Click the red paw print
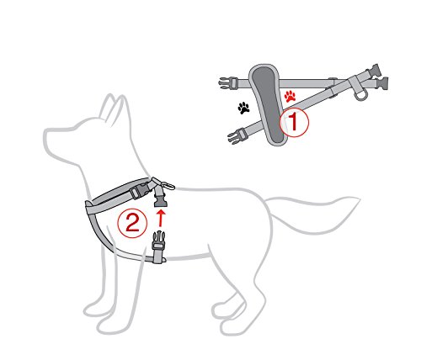(290, 96)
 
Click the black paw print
(243, 108)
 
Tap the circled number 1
(294, 122)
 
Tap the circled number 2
(132, 224)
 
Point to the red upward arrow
(161, 218)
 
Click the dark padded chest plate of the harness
(267, 104)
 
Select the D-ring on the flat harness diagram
(360, 95)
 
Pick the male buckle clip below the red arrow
(158, 241)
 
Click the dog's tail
(312, 213)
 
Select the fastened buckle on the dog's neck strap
(140, 190)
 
